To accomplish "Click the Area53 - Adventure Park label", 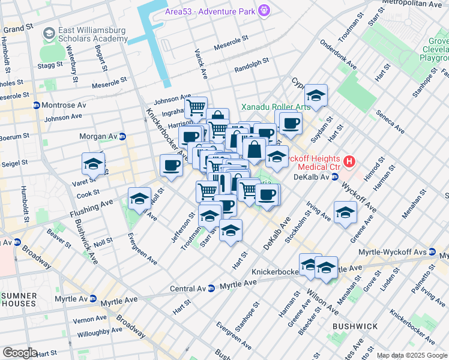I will (x=211, y=11).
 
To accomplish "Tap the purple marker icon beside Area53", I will (x=264, y=10).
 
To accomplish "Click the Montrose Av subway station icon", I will (x=36, y=105).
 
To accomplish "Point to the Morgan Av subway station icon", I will (x=122, y=137).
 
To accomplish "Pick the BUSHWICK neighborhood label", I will (x=355, y=326).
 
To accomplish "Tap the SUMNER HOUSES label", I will (x=20, y=301).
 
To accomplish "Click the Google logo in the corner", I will (x=20, y=353).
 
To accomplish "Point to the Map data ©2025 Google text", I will (x=412, y=356).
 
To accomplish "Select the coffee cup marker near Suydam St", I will (x=291, y=124).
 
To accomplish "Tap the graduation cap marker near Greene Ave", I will (x=345, y=212).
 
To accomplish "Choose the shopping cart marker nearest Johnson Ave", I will (x=196, y=108).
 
